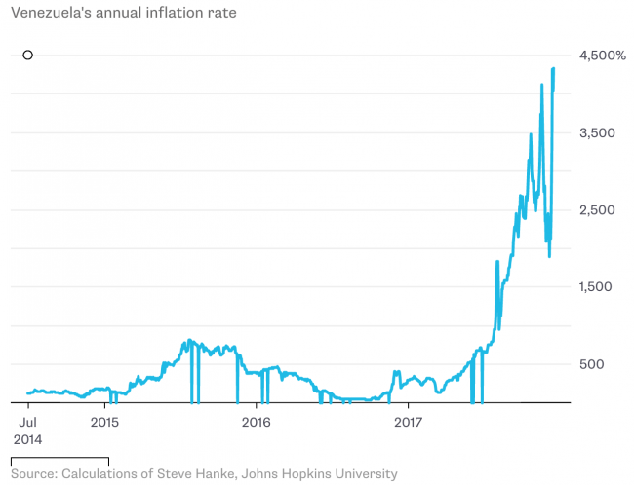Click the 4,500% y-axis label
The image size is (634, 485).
602,56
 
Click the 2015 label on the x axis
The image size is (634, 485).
105,422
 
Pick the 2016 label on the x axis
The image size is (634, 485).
257,422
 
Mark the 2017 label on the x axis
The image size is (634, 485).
408,422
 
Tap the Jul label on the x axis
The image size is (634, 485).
28,422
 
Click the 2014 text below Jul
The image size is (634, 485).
28,439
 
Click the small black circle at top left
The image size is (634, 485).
28,56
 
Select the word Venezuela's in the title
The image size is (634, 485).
52,15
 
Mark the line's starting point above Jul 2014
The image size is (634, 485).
28,393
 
